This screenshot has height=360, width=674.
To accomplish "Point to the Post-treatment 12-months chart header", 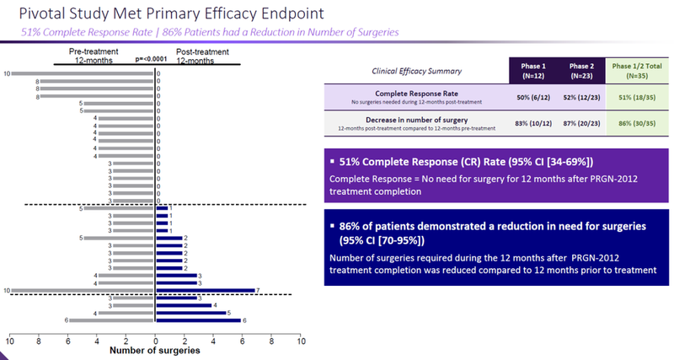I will pos(206,56).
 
